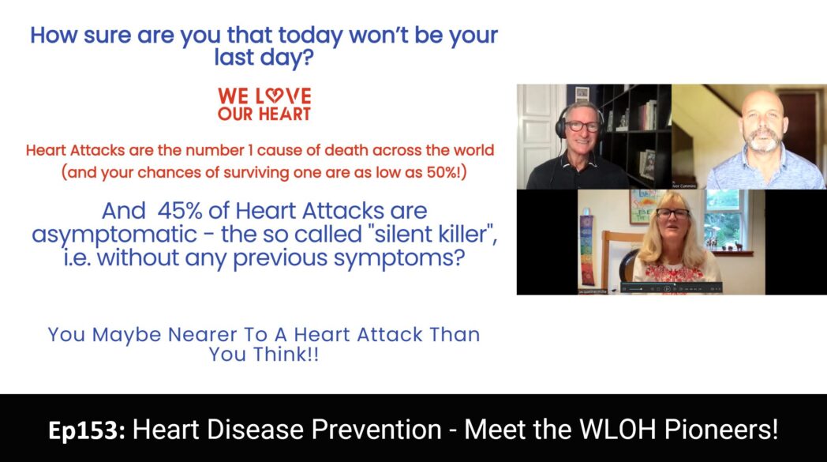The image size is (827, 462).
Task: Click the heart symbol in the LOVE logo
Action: tap(273, 96)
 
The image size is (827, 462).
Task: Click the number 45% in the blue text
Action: tap(180, 211)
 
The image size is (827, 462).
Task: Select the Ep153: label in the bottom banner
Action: tap(87, 430)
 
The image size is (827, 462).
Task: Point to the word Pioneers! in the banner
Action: tap(721, 429)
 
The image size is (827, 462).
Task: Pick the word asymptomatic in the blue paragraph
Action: tap(114, 235)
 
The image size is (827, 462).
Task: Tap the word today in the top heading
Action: tap(311, 36)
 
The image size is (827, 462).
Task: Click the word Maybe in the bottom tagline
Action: tap(126, 336)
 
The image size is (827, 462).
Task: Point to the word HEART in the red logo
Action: tap(284, 114)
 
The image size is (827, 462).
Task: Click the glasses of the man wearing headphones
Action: tap(583, 126)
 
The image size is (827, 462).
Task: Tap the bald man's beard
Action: tap(762, 141)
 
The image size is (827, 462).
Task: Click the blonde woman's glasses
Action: tap(672, 213)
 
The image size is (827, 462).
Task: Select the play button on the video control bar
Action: tap(667, 289)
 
